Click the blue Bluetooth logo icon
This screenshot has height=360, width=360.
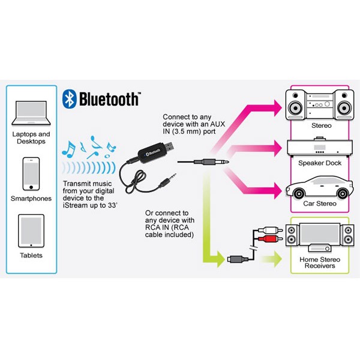[70, 99]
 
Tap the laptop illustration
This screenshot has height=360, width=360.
[31, 113]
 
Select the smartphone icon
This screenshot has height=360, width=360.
[31, 174]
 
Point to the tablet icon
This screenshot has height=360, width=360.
[31, 231]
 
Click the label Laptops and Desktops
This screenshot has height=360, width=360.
[31, 137]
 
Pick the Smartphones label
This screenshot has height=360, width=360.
[31, 199]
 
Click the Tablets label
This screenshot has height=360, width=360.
[31, 256]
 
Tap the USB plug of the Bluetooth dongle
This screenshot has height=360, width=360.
[168, 146]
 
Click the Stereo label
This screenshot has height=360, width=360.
[322, 125]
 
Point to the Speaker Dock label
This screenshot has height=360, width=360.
[320, 163]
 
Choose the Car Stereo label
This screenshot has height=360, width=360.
[320, 203]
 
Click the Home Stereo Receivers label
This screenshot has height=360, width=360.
[320, 262]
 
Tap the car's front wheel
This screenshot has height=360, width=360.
[299, 194]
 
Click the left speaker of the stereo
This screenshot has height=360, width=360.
[296, 104]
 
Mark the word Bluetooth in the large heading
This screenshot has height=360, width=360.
[109, 99]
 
